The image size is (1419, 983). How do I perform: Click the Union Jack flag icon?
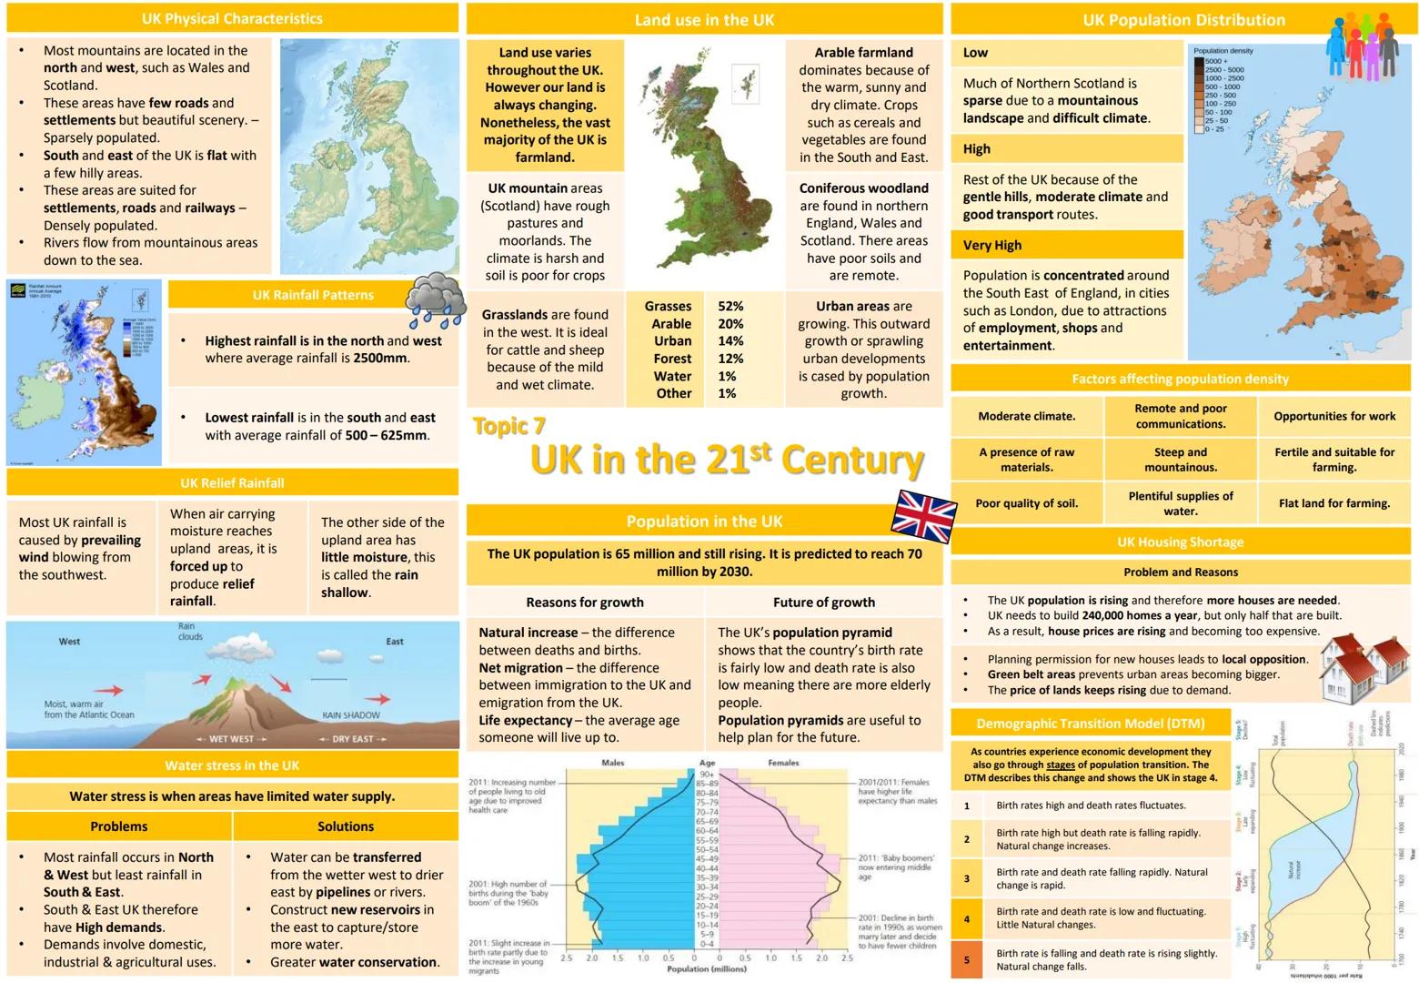[922, 515]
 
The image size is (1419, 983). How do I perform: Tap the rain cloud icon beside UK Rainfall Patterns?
[435, 300]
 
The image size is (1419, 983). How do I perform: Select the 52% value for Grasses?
[730, 307]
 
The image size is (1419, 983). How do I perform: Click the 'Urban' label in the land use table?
[672, 341]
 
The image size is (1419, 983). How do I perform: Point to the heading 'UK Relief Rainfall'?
[232, 483]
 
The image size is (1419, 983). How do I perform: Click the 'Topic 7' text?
[509, 426]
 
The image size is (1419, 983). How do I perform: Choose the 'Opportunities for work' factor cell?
[1334, 416]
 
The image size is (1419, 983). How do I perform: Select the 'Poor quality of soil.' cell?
[1026, 503]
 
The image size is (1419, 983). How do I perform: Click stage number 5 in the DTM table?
[967, 959]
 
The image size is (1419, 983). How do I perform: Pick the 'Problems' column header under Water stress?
[119, 826]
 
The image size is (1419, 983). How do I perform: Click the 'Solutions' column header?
[346, 826]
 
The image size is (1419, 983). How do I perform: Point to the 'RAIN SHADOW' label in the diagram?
[351, 715]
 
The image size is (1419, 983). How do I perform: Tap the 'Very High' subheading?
[992, 245]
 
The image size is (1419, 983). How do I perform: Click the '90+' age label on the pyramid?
[707, 775]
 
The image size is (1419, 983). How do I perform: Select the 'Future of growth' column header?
[824, 603]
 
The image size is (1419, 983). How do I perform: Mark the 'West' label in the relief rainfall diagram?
[69, 642]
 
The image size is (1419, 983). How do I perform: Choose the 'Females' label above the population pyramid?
[783, 763]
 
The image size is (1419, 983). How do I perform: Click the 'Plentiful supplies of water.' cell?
[1181, 503]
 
